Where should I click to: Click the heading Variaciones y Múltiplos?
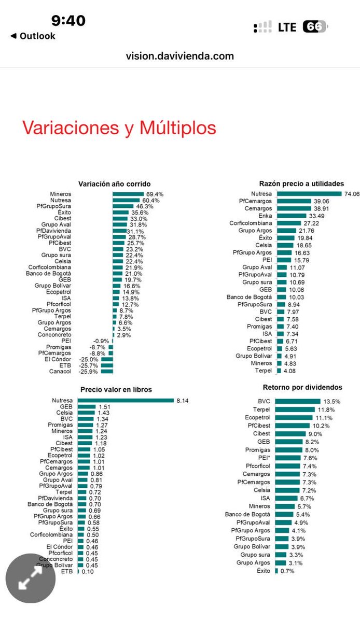coord(119,128)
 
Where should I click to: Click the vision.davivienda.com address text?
coord(179,56)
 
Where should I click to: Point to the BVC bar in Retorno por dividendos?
coord(297,401)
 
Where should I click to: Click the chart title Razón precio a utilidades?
coord(301,183)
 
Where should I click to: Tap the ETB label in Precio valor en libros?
coord(66,571)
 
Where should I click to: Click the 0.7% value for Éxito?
coord(287,571)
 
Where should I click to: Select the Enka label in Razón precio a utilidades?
coord(264,216)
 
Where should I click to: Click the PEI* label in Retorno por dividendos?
coord(262,458)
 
